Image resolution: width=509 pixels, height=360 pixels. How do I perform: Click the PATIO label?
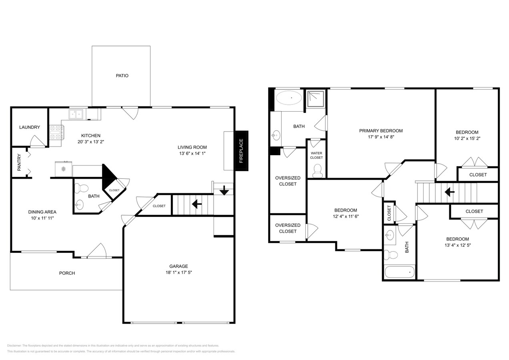pyautogui.click(x=122, y=76)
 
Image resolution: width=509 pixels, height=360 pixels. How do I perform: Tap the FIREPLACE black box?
pyautogui.click(x=241, y=151)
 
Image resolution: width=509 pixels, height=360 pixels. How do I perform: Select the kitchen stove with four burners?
pyautogui.click(x=56, y=133)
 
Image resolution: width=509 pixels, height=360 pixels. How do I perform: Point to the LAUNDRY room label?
pyautogui.click(x=30, y=127)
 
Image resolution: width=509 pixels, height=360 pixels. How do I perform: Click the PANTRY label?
pyautogui.click(x=19, y=162)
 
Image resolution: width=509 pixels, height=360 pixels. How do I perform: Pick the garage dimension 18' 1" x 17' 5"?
pyautogui.click(x=178, y=272)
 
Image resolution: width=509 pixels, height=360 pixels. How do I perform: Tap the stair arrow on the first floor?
pyautogui.click(x=196, y=204)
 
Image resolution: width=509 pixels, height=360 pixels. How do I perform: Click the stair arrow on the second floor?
pyautogui.click(x=450, y=192)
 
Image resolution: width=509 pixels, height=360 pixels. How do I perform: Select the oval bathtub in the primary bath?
pyautogui.click(x=291, y=98)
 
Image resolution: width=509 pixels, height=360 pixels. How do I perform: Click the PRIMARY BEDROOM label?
pyautogui.click(x=381, y=131)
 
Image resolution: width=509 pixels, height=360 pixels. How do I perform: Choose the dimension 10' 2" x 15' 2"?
pyautogui.click(x=467, y=138)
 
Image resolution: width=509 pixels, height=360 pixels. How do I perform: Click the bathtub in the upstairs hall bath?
pyautogui.click(x=399, y=272)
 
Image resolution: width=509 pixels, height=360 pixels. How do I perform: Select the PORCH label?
pyautogui.click(x=67, y=273)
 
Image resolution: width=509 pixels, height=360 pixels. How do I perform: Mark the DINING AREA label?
pyautogui.click(x=42, y=212)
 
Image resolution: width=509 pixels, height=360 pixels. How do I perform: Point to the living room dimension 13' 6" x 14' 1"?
pyautogui.click(x=192, y=153)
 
